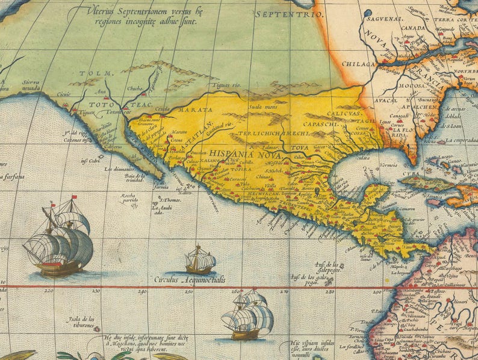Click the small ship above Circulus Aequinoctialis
coord(200,260)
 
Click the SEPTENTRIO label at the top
coord(281,13)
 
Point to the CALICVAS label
coord(344,113)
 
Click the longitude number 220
coord(49,291)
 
